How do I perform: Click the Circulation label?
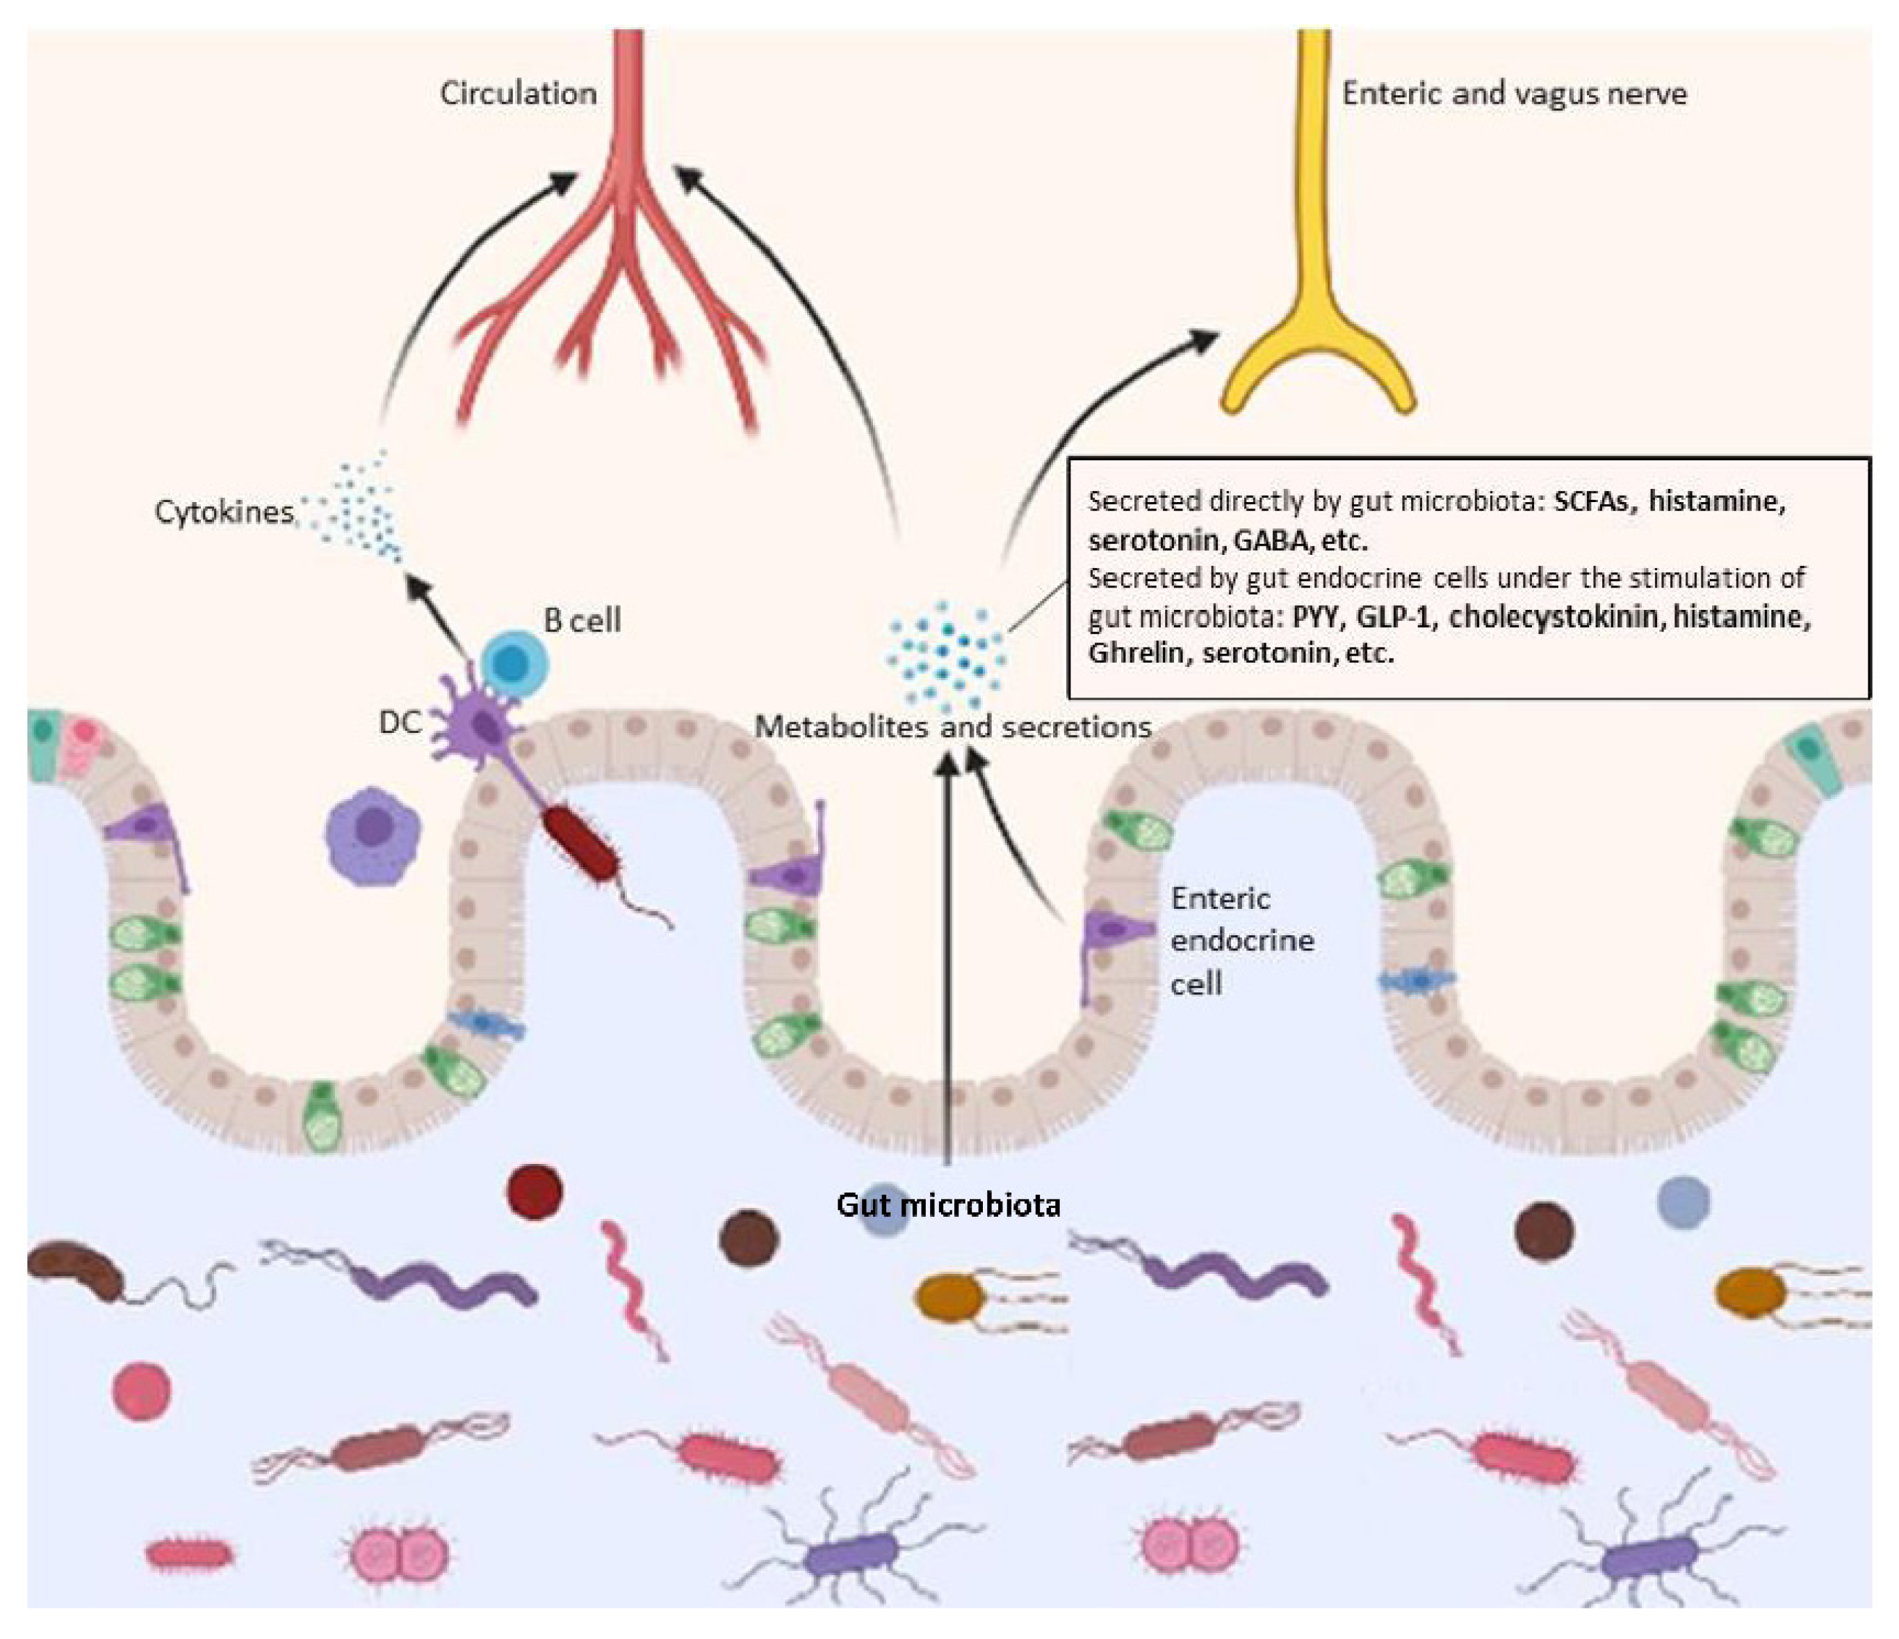point(518,93)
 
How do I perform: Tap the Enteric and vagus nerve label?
point(1514,93)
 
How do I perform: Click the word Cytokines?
point(224,512)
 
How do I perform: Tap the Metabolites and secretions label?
point(952,727)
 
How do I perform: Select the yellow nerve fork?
point(1318,348)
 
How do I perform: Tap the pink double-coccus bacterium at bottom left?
point(400,1553)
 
